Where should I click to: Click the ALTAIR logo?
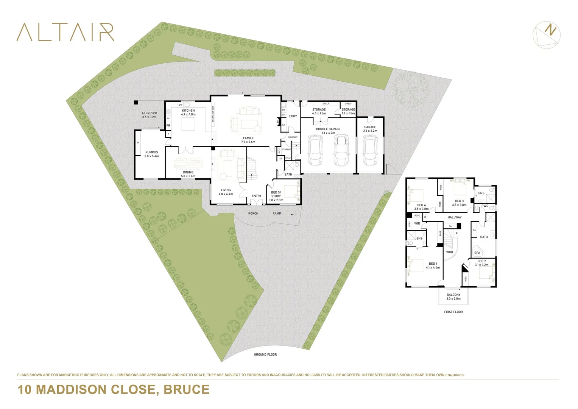(65, 32)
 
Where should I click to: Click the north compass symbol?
(547, 34)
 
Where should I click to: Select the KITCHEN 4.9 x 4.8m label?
(188, 112)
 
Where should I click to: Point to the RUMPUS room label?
(151, 154)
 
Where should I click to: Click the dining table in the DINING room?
(188, 164)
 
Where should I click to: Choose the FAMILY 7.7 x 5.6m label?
(248, 140)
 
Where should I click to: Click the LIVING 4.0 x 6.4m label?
(226, 192)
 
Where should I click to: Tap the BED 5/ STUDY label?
(276, 196)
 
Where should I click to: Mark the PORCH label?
(253, 214)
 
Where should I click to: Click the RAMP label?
(277, 214)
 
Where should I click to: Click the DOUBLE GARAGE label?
(328, 131)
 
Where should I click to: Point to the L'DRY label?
(293, 116)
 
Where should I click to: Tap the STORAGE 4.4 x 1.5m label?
(319, 111)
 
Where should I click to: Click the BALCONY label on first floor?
(453, 297)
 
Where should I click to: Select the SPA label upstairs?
(477, 253)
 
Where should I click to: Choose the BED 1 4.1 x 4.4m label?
(433, 265)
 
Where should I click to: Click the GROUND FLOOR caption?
(265, 355)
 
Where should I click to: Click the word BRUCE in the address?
(186, 390)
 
